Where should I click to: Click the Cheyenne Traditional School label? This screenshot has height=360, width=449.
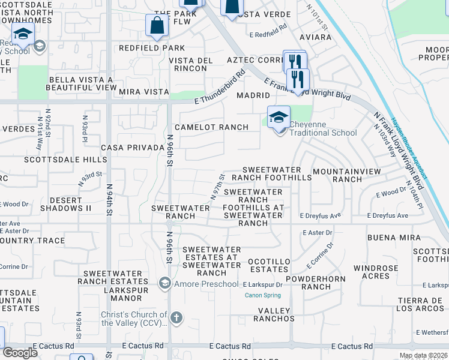[x=323, y=128]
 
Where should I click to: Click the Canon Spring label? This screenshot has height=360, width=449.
[x=262, y=295]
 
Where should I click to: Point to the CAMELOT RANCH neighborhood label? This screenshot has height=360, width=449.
[x=211, y=127]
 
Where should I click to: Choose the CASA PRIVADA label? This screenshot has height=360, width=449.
[x=130, y=148]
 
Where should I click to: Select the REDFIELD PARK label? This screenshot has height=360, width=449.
[x=152, y=48]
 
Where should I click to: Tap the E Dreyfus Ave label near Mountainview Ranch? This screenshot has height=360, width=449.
[x=388, y=215]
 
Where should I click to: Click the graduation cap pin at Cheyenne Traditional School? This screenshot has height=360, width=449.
[x=279, y=118]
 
